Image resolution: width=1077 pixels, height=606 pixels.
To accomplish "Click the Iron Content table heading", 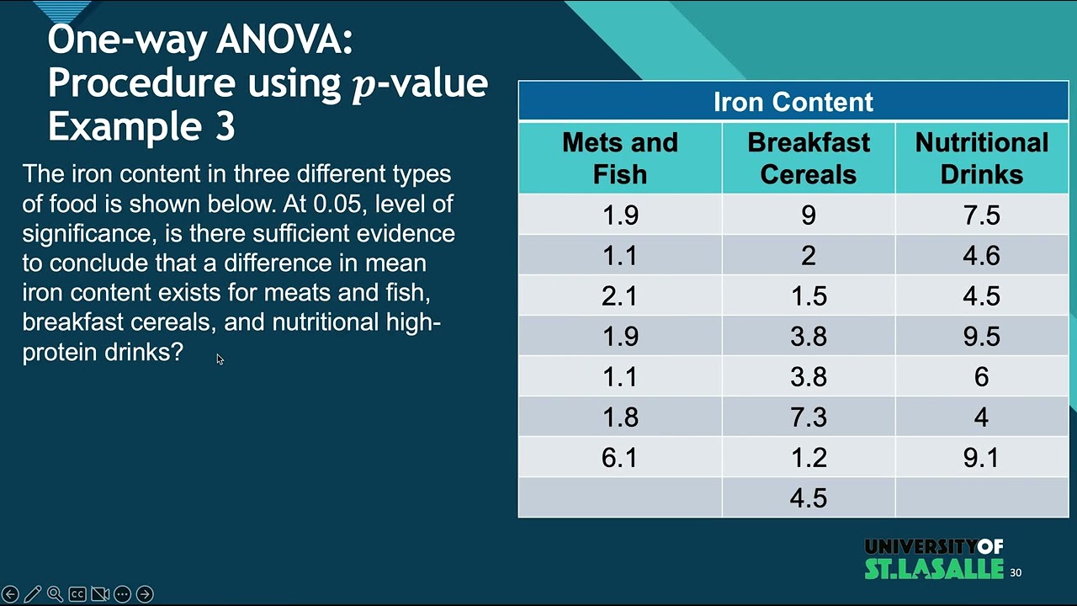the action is point(793,102).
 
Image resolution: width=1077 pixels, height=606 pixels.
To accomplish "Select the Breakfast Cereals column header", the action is point(809,157).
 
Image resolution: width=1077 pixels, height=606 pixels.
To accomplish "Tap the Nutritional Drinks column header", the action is point(982,157).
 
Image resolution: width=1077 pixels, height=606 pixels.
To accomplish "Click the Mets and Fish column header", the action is point(620,157).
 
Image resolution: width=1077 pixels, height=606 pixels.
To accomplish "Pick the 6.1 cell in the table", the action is point(620,457).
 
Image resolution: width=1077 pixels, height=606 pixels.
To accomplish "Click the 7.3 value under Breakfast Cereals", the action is point(809,417).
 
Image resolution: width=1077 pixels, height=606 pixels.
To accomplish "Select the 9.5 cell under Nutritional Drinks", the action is point(982,336).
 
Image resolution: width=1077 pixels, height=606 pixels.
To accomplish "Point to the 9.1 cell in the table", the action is point(982,457).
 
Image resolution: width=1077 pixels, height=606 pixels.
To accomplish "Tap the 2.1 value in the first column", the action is point(620,295).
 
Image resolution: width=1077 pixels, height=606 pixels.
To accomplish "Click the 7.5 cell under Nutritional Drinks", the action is point(982,215).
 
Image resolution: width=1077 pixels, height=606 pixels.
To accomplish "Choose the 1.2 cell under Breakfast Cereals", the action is point(809,457).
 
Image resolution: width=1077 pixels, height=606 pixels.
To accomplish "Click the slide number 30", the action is point(1016,572).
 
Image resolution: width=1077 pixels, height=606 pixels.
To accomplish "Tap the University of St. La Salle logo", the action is point(934,558).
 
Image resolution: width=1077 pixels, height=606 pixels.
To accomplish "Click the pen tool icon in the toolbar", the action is point(33,594).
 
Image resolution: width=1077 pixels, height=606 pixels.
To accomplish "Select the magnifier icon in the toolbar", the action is point(55,594).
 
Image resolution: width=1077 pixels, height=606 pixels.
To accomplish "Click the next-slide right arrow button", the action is point(145,594).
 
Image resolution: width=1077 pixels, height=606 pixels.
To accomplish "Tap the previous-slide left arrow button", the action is point(10,594).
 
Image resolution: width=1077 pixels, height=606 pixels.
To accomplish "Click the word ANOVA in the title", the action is point(284,40).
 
